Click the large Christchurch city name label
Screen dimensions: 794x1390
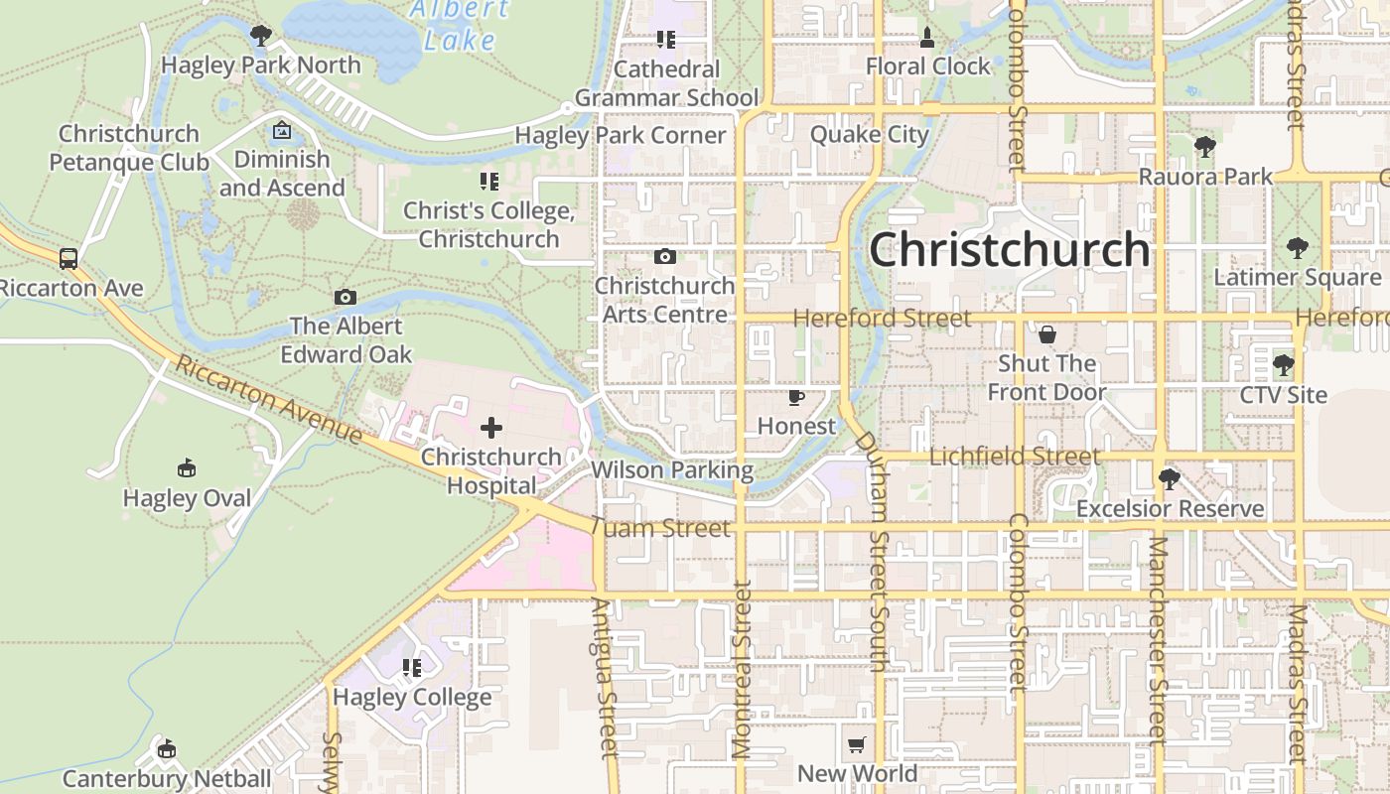1010,250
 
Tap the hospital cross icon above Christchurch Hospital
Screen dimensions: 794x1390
491,428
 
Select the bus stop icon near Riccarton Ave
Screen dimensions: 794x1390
69,259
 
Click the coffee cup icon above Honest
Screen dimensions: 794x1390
795,397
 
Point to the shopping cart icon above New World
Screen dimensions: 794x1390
857,744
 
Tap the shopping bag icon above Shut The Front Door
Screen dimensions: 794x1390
1046,334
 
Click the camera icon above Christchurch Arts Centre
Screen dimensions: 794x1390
665,257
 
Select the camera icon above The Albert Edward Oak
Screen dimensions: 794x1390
345,297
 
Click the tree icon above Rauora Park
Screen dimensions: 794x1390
1204,148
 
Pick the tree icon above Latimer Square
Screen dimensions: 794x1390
1297,248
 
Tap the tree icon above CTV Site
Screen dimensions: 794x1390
1283,365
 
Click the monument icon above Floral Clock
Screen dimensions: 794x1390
927,38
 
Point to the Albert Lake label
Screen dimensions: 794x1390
459,25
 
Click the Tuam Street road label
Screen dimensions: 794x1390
660,527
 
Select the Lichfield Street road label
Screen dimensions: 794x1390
1015,457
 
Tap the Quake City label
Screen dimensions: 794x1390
870,134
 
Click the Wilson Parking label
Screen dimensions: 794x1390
672,469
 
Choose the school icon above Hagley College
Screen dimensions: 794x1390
412,668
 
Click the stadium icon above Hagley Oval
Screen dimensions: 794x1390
186,467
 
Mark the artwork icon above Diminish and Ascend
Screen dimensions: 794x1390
282,130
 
